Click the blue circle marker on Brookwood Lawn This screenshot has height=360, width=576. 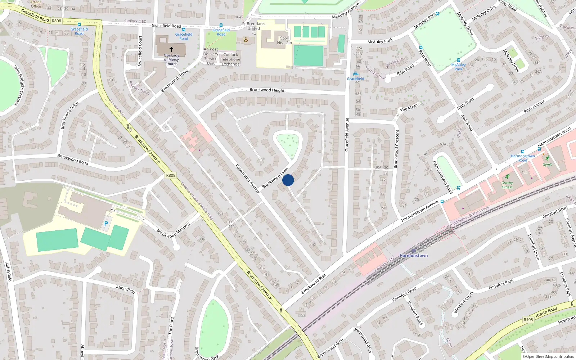point(288,180)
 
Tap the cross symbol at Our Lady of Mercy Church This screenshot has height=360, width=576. point(171,49)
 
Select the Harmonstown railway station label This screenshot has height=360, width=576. point(414,255)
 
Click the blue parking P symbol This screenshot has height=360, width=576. point(106,224)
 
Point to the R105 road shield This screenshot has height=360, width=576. point(528,319)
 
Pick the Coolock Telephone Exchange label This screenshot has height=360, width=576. point(230,59)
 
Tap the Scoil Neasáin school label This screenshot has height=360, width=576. point(284,40)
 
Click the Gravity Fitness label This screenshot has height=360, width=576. point(507,185)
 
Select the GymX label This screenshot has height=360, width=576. point(547,165)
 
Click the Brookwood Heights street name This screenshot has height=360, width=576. point(268,90)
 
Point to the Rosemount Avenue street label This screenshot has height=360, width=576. point(247,179)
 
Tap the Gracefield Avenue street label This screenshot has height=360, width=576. point(347,135)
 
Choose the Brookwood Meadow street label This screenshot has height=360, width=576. point(173,230)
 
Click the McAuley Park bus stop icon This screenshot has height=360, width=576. point(458,60)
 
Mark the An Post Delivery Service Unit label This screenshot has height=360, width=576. point(211,56)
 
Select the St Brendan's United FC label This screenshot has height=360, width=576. point(253,28)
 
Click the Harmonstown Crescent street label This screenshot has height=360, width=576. point(397,149)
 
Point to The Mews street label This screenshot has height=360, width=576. point(409,108)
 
